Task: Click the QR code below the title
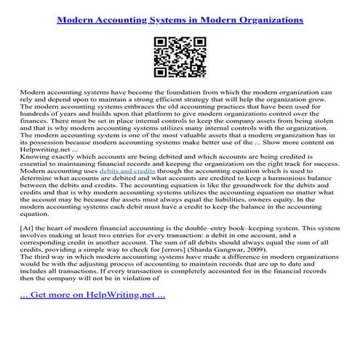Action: (180, 60)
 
